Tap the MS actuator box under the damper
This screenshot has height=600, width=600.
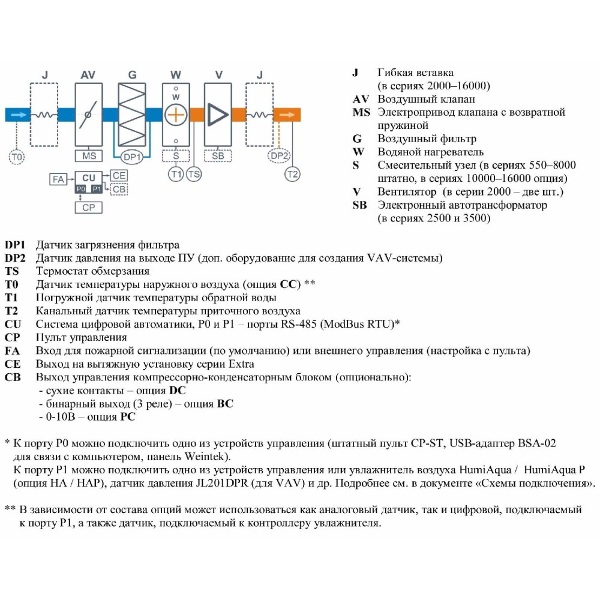pyautogui.click(x=89, y=156)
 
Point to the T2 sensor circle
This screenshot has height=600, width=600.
pyautogui.click(x=292, y=175)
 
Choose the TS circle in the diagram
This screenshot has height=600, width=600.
pyautogui.click(x=194, y=175)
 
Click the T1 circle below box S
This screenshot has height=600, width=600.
pyautogui.click(x=176, y=175)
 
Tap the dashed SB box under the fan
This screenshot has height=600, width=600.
pyautogui.click(x=218, y=156)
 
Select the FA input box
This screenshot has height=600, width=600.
pyautogui.click(x=58, y=179)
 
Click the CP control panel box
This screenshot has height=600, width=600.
pyautogui.click(x=88, y=207)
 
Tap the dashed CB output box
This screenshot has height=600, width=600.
pyautogui.click(x=119, y=188)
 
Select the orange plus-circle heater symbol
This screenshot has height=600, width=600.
pyautogui.click(x=176, y=115)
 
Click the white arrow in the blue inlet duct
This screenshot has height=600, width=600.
pyautogui.click(x=19, y=115)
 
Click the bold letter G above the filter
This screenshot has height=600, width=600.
pyautogui.click(x=132, y=75)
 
